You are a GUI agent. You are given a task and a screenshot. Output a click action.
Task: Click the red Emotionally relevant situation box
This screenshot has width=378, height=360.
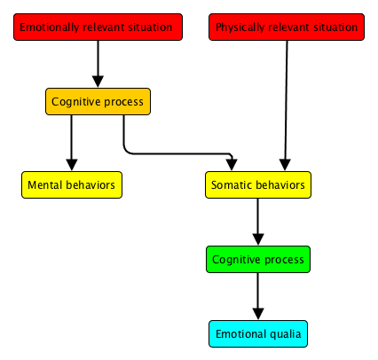click(98, 27)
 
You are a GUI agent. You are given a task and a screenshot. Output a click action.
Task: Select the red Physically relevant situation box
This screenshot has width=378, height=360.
click(287, 27)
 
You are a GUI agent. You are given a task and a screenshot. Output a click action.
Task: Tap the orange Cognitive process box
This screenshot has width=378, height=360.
click(98, 101)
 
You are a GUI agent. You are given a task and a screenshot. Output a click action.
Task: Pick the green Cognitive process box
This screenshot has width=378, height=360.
click(258, 260)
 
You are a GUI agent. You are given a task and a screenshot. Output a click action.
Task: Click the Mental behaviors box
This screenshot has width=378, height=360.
click(71, 184)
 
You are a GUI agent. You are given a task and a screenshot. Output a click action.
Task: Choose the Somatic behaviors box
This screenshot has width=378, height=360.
click(257, 184)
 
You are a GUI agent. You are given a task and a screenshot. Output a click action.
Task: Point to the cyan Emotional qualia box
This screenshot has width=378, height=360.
click(258, 333)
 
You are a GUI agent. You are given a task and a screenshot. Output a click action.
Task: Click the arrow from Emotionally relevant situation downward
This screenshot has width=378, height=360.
click(98, 62)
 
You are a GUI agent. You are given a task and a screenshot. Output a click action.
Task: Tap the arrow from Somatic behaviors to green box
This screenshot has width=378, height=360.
click(258, 222)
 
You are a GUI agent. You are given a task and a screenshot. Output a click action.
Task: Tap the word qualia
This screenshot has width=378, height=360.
click(283, 333)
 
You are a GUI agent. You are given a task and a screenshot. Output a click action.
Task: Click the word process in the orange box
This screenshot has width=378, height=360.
click(124, 101)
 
